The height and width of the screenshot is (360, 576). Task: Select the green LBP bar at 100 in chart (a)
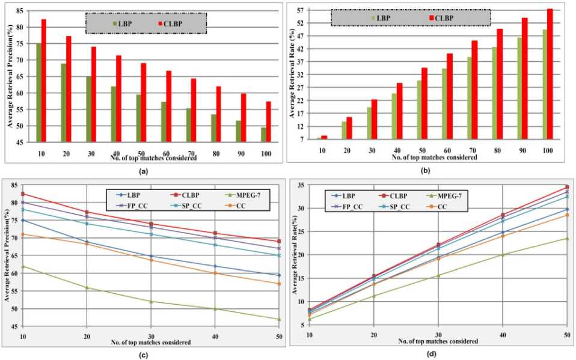(x=263, y=135)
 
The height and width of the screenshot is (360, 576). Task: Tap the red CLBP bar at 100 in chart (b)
(x=550, y=75)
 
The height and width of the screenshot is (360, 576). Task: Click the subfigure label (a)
(x=142, y=171)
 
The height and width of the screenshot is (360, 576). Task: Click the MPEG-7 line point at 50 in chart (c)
(x=279, y=319)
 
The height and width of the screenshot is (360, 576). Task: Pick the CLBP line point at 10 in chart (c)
(x=23, y=194)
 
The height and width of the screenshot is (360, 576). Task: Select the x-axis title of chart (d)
(x=437, y=341)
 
